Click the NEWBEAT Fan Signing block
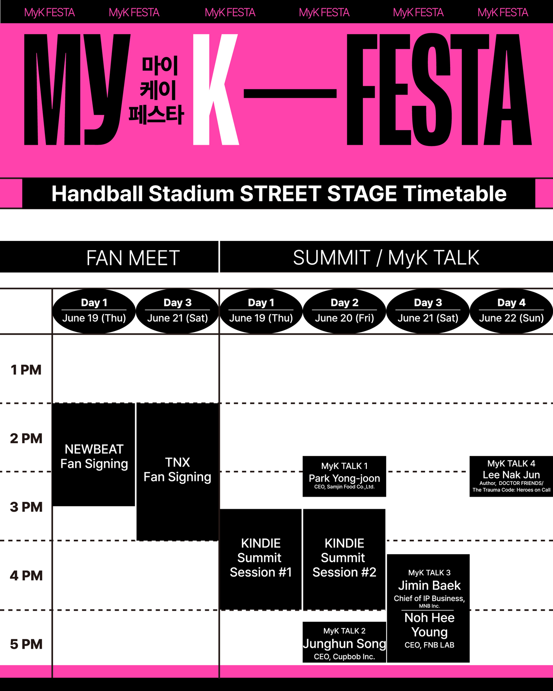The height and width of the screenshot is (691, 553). pos(93,455)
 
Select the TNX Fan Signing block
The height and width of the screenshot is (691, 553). pos(178,472)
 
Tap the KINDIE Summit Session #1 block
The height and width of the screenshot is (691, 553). pos(261,559)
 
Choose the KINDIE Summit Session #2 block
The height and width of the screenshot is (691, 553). pos(344,559)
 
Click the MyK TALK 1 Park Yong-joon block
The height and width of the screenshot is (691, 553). pos(344,476)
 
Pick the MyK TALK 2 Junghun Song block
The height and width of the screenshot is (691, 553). pos(344,642)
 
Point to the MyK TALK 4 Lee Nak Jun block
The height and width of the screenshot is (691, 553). pos(511,476)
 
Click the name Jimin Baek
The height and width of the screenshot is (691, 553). pos(429,585)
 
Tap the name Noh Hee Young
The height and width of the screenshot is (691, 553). pos(429,624)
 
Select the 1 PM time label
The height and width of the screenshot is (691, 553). pos(26,370)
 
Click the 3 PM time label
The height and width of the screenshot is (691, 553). pos(26,507)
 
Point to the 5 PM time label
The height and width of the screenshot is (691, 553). pos(26,644)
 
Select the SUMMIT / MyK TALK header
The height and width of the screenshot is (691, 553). pos(387,257)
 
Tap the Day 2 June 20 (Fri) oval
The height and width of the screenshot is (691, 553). pos(344,311)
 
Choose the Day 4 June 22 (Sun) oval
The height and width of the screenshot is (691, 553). pos(511,311)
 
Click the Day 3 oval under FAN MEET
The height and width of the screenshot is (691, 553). pos(178,311)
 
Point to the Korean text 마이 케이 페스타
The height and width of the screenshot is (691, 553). pos(157,90)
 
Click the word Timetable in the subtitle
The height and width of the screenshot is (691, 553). pos(454,193)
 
